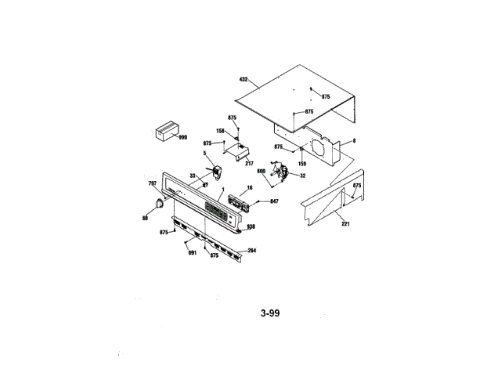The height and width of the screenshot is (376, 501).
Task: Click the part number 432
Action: pyautogui.click(x=243, y=79)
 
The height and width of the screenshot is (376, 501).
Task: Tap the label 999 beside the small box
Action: pyautogui.click(x=182, y=137)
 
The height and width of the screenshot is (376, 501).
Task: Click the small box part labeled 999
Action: pyautogui.click(x=164, y=131)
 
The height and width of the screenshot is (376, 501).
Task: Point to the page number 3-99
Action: pyautogui.click(x=270, y=313)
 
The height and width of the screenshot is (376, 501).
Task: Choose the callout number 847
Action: pyautogui.click(x=274, y=201)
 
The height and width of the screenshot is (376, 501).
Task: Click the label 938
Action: pyautogui.click(x=251, y=226)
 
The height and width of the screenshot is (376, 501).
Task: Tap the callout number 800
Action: pyautogui.click(x=261, y=171)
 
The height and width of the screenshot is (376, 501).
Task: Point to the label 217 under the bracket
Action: pyautogui.click(x=250, y=163)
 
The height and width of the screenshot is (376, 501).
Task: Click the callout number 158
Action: pyautogui.click(x=221, y=131)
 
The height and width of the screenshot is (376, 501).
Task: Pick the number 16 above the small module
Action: pyautogui.click(x=249, y=189)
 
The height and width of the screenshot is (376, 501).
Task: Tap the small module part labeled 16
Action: pyautogui.click(x=238, y=203)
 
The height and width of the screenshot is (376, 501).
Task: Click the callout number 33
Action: pyautogui.click(x=193, y=175)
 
